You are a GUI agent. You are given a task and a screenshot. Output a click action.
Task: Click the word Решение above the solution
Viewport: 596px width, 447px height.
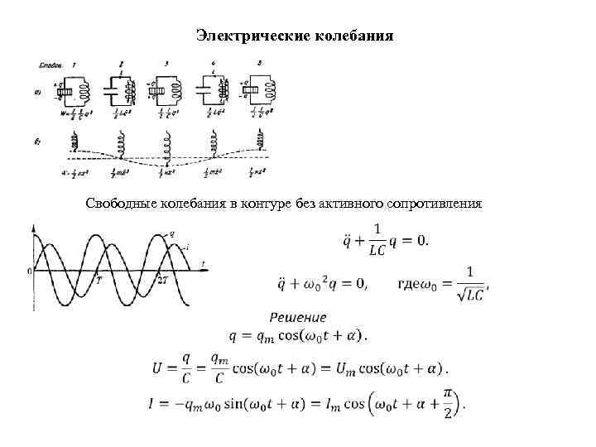pyautogui.click(x=299, y=317)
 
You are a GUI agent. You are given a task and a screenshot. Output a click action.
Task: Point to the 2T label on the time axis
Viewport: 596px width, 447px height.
pyautogui.click(x=163, y=279)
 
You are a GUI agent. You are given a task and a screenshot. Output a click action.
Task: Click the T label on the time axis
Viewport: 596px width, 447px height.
pyautogui.click(x=99, y=279)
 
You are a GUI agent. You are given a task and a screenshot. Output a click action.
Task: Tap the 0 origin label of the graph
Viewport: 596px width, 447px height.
pyautogui.click(x=29, y=271)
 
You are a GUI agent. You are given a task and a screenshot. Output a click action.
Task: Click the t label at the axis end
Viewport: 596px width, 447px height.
pyautogui.click(x=203, y=263)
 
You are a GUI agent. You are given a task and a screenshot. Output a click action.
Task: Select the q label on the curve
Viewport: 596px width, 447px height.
pyautogui.click(x=171, y=233)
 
